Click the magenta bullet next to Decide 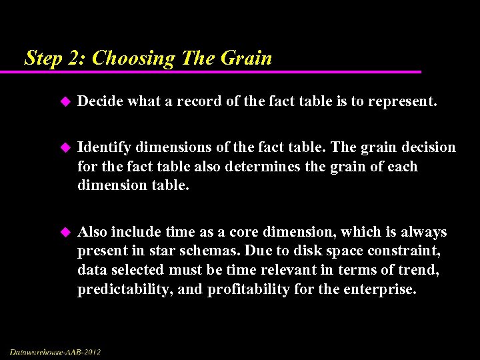(x=65, y=101)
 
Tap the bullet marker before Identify (x=65, y=147)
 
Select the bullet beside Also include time (x=65, y=232)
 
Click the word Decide (x=100, y=101)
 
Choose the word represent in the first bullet (x=405, y=101)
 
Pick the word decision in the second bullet (x=427, y=147)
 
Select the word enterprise (x=379, y=289)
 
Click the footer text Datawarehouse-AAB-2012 (x=55, y=351)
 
